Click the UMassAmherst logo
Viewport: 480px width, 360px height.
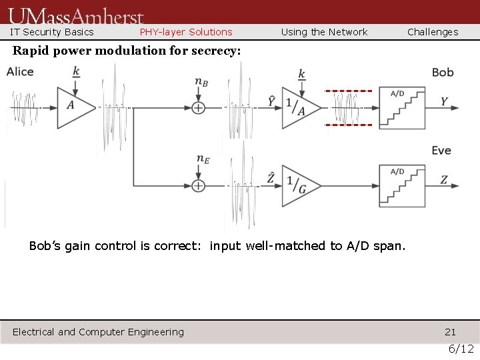tap(76, 15)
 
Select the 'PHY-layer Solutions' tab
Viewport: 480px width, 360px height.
tap(186, 32)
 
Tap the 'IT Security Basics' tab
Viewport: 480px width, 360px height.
tap(51, 32)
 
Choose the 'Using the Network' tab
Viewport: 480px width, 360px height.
tap(324, 32)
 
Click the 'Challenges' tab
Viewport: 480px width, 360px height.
tap(433, 32)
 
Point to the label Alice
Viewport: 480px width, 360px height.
tap(20, 71)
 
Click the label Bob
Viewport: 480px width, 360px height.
tap(443, 72)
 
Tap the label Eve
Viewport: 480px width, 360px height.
tap(441, 151)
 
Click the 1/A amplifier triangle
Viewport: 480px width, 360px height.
tap(298, 107)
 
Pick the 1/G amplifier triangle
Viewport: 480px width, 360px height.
tap(298, 185)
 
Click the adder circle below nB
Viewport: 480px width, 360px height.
tap(198, 107)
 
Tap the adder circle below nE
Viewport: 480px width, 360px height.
tap(198, 185)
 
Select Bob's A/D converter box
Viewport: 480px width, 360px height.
tap(402, 107)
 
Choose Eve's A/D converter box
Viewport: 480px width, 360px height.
tap(402, 185)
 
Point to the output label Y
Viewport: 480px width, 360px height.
tap(444, 102)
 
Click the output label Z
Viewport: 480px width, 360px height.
tap(444, 180)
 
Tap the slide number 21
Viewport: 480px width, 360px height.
tap(451, 332)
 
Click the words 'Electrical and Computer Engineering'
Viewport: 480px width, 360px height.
tap(98, 332)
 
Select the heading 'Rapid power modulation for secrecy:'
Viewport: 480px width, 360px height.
tap(127, 51)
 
